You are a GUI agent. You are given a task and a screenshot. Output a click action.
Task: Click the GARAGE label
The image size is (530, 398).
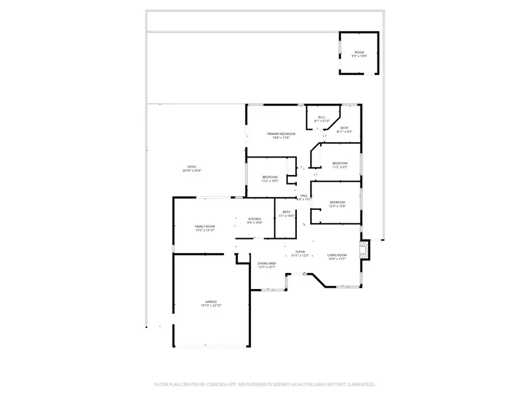pyautogui.click(x=211, y=301)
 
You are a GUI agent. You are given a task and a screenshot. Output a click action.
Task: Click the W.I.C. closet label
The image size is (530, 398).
pyautogui.click(x=322, y=117)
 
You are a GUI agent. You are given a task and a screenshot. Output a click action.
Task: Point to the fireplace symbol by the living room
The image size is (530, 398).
pyautogui.click(x=365, y=249)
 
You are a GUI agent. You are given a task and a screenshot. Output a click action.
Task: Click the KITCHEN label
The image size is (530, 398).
pyautogui.click(x=254, y=219)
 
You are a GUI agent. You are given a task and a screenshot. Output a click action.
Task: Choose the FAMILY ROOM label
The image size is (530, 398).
pyautogui.click(x=205, y=226)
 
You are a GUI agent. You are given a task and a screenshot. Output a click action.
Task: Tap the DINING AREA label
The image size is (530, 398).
pyautogui.click(x=267, y=264)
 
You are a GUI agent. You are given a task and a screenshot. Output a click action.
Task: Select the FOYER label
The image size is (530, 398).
pyautogui.click(x=300, y=252)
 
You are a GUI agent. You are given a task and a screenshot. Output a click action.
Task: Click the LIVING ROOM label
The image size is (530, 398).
pyautogui.click(x=337, y=255)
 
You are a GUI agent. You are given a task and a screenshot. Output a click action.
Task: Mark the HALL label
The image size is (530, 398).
pyautogui.click(x=304, y=196)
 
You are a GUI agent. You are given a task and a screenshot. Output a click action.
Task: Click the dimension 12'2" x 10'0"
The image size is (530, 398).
pyautogui.click(x=270, y=181)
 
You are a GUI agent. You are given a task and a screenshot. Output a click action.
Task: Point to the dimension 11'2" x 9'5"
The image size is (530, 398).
pyautogui.click(x=340, y=167)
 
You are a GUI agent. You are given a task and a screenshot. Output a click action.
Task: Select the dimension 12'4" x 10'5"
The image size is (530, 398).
pyautogui.click(x=337, y=206)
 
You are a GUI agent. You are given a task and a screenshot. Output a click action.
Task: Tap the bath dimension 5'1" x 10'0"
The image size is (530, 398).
pyautogui.click(x=286, y=216)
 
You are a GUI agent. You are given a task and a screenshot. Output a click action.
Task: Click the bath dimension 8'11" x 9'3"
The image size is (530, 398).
pyautogui.click(x=344, y=131)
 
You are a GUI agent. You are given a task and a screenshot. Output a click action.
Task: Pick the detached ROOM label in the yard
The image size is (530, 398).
pyautogui.click(x=359, y=52)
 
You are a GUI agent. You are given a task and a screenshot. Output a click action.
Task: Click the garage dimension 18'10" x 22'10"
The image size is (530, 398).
pyautogui.click(x=211, y=305)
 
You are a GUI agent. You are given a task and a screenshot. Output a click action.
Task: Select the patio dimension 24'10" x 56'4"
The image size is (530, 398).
pyautogui.click(x=191, y=171)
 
